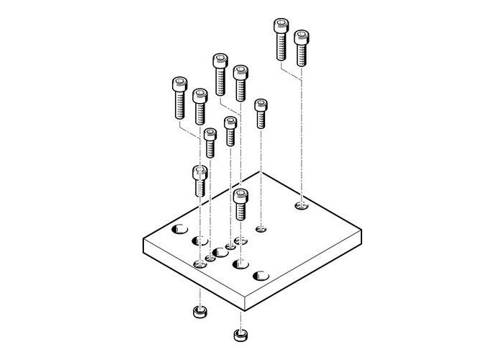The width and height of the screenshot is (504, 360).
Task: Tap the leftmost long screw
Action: [x=179, y=97]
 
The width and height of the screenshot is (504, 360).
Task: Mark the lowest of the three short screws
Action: [x=210, y=142]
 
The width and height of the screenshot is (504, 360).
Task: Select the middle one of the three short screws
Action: [x=230, y=130]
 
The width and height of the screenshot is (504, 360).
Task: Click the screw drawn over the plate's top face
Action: [x=240, y=204]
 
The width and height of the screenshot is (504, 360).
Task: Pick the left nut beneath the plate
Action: [x=199, y=313]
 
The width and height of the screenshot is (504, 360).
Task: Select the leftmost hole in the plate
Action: [x=179, y=230]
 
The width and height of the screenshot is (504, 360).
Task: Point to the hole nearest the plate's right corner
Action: [x=302, y=207]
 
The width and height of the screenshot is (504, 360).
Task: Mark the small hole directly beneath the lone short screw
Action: [x=261, y=230]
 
